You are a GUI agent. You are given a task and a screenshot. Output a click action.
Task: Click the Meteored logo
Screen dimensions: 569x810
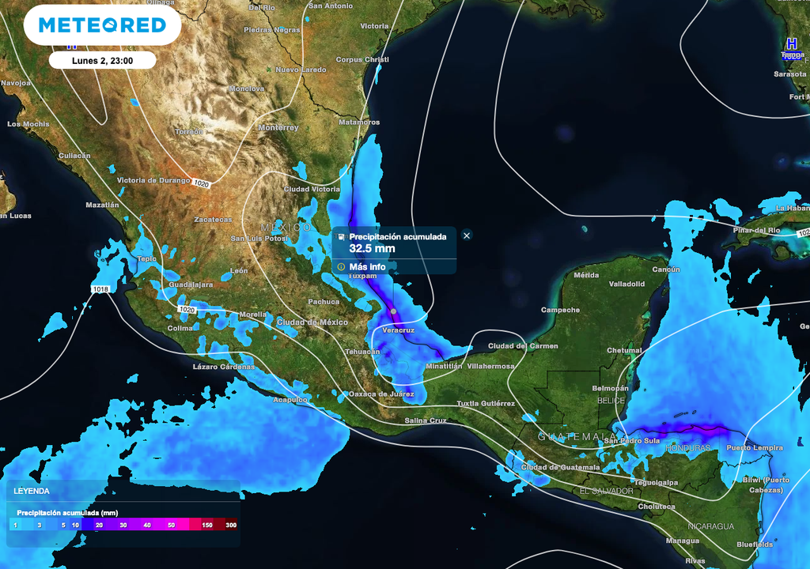coord(102,26)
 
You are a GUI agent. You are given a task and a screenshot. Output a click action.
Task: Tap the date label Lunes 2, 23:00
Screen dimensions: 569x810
coord(102,60)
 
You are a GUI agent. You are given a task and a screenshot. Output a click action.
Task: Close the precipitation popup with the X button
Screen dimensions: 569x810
coord(467,236)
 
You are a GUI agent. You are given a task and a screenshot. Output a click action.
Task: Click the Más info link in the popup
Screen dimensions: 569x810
coord(367,267)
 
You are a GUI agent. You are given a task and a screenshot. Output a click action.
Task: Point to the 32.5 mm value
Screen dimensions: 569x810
coord(372,248)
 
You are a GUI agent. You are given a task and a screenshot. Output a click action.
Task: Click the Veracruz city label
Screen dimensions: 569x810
coord(398,330)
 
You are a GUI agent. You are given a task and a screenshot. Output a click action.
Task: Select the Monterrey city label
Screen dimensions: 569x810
coord(278,127)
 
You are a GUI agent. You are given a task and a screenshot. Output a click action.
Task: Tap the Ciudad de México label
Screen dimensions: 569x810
coord(312,322)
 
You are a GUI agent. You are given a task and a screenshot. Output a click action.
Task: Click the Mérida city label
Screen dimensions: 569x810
coord(586,275)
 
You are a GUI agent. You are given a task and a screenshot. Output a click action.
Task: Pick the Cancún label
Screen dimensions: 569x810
coord(665,269)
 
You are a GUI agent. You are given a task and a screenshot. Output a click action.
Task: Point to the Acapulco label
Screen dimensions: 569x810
coord(290,400)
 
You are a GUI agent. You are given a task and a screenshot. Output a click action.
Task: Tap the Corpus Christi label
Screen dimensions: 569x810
coord(362,60)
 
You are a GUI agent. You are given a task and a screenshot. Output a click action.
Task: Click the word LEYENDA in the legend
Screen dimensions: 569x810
coord(32,491)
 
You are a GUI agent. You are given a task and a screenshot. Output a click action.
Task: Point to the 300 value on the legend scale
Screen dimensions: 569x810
coord(231,525)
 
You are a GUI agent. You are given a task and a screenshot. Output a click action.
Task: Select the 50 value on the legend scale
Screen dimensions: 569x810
coord(172,525)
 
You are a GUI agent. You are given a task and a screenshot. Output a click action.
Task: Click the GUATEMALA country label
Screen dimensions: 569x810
coord(566,436)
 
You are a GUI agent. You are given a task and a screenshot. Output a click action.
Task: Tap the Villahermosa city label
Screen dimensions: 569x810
coord(490,366)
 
